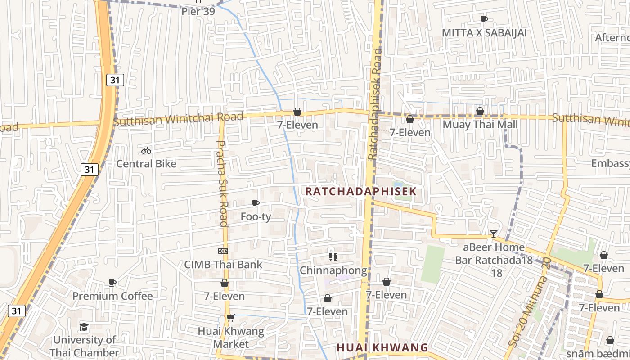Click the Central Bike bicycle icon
pos(146,150)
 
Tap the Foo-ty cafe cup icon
pos(256,203)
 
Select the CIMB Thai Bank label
pos(223,264)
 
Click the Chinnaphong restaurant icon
pos(333,257)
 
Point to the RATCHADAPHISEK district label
pos(361,191)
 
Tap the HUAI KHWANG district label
pos(382,347)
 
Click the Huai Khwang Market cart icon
pos(231,318)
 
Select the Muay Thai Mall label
pos(481,124)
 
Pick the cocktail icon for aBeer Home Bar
pos(494,234)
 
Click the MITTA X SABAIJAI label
pos(484,33)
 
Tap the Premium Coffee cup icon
pos(112,283)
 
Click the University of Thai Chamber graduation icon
pos(84,327)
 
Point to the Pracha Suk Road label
pos(222,183)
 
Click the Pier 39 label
pos(198,11)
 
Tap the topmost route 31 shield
pos(115,81)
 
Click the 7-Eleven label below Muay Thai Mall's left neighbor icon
pos(410,132)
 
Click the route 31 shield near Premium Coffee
pos(16,310)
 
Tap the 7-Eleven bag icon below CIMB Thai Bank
pos(225,283)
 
